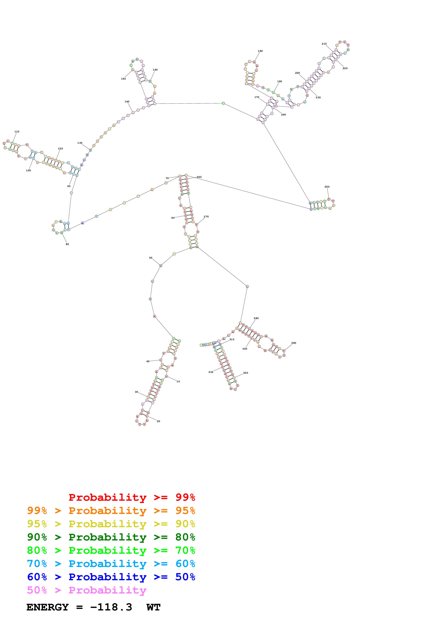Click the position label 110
click(17, 131)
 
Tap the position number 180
click(260, 51)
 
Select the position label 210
click(324, 44)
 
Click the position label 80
click(67, 244)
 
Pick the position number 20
click(158, 421)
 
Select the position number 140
click(127, 101)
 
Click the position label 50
click(151, 258)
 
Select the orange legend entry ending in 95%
click(111, 510)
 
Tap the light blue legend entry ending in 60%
click(111, 564)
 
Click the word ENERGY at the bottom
click(48, 607)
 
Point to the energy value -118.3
click(111, 607)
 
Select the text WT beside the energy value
click(153, 607)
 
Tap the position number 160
click(155, 70)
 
